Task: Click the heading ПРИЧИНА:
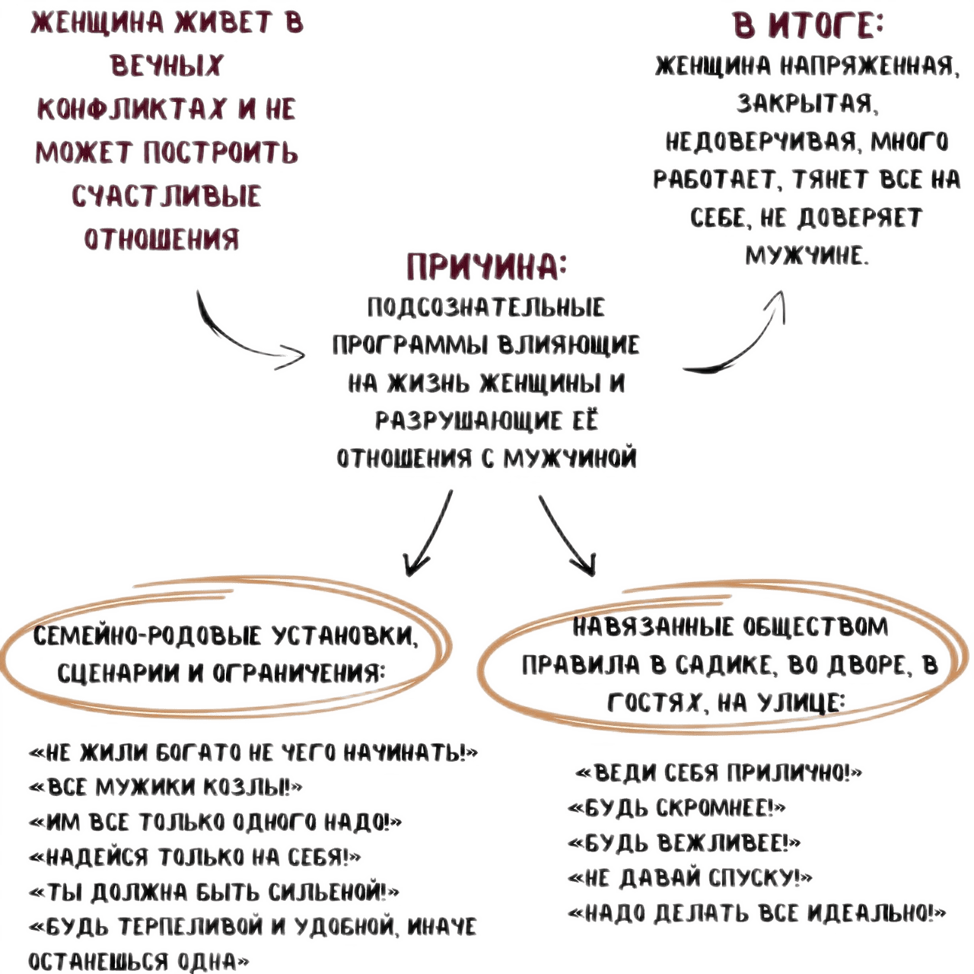click(x=486, y=266)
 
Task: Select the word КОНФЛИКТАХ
click(x=131, y=109)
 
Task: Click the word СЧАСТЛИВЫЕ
click(x=167, y=196)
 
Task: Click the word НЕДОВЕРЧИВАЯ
click(x=762, y=142)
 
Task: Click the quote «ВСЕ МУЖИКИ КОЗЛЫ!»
click(x=166, y=786)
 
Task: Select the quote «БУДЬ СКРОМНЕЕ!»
click(x=676, y=807)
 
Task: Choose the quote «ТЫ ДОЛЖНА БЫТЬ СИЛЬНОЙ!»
click(x=214, y=891)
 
